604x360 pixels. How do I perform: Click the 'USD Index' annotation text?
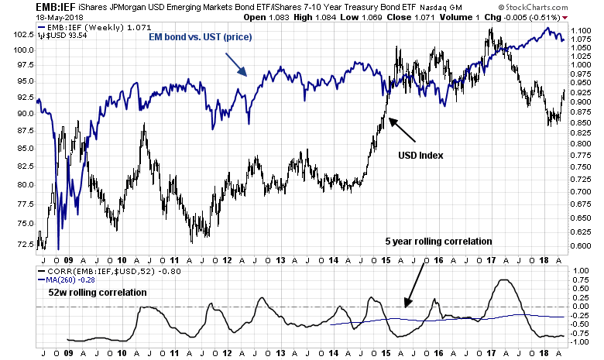421,155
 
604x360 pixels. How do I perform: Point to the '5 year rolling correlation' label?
439,242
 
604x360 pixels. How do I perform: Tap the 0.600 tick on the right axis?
583,246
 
